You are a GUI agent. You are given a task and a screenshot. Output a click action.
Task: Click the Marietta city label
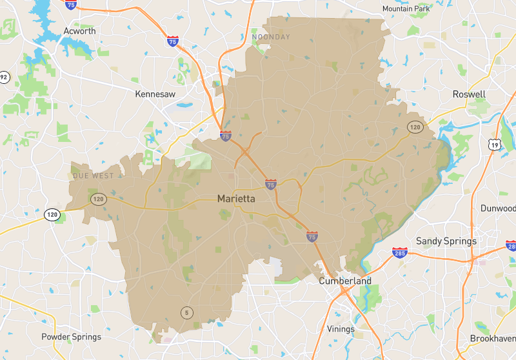coord(236,199)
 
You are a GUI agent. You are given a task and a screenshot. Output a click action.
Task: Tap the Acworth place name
coord(80,31)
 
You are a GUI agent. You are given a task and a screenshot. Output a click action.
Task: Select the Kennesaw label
coord(155,94)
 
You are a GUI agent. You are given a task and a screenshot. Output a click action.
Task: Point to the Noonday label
coord(271,37)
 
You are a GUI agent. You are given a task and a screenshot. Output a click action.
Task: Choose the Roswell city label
coord(469,94)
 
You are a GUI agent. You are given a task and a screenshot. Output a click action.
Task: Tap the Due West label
coord(94,175)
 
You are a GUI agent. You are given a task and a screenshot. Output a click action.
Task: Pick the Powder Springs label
coord(71,337)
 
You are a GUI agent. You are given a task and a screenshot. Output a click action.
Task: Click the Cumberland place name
coord(345,281)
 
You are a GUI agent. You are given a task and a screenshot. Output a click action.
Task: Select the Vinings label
coord(341,329)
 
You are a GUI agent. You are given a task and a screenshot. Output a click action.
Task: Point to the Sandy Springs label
coord(446,241)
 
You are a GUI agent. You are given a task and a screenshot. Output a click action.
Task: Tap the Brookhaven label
coord(493,338)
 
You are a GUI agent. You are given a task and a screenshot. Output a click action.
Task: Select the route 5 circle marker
coord(187,312)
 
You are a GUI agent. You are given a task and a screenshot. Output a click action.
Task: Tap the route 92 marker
coord(4,77)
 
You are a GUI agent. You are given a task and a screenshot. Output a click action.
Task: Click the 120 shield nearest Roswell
coord(414,127)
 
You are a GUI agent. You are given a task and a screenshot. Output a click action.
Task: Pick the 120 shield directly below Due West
coord(98,199)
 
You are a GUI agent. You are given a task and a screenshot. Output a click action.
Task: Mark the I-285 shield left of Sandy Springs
coord(400,252)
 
